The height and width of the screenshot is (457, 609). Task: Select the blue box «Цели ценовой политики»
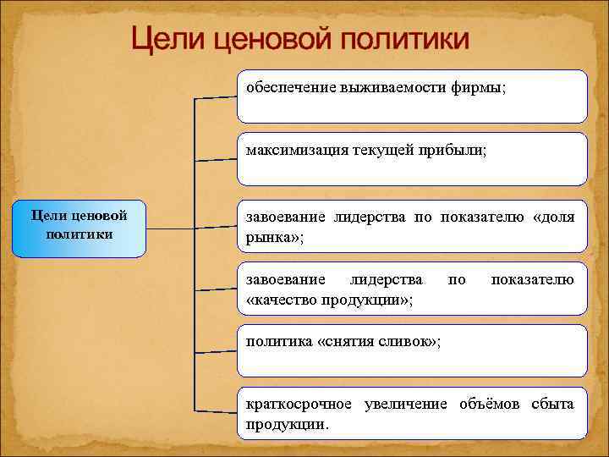[x=80, y=228]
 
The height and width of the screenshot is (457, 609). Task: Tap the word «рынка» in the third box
[x=267, y=238]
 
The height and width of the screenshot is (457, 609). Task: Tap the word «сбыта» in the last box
[x=553, y=403]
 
